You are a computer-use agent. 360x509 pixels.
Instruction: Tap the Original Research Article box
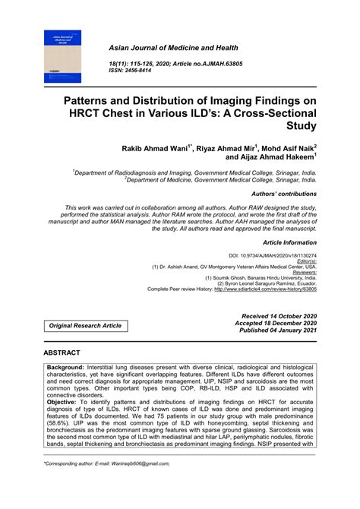[x=85, y=325]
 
